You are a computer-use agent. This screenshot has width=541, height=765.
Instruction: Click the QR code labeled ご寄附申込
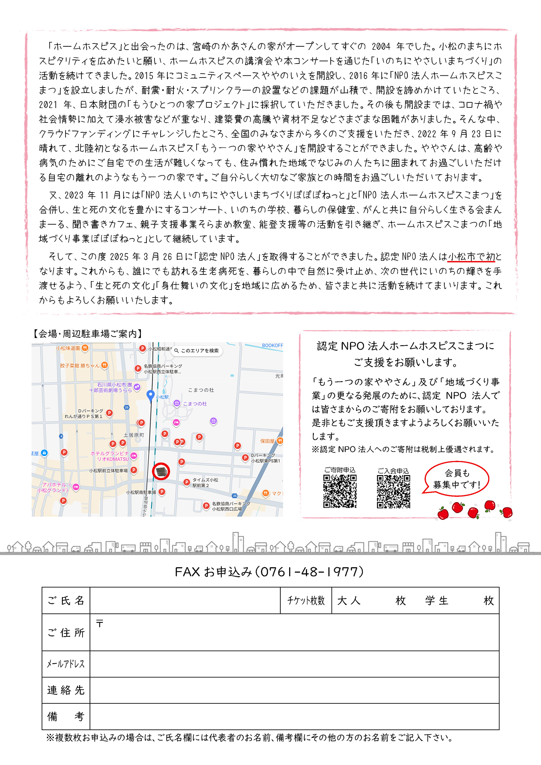click(x=339, y=491)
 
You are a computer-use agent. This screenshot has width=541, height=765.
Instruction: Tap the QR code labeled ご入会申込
click(x=393, y=491)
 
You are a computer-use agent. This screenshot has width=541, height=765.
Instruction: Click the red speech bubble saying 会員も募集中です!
click(x=457, y=479)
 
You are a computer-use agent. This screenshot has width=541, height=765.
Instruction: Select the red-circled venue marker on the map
click(x=161, y=471)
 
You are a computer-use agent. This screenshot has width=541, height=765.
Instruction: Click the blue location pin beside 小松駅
click(x=150, y=395)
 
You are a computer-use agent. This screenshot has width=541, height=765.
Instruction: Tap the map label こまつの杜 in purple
click(x=195, y=403)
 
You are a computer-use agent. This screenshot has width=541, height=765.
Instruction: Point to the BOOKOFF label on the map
click(x=272, y=345)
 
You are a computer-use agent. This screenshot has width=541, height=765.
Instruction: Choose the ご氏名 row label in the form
click(x=66, y=600)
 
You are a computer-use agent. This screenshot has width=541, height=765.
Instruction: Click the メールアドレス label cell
click(x=66, y=664)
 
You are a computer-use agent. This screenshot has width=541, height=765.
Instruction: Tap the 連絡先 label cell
click(x=66, y=690)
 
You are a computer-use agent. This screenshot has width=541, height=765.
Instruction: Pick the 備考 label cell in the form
click(x=66, y=716)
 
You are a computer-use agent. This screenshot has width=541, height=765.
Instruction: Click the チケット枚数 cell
click(x=306, y=600)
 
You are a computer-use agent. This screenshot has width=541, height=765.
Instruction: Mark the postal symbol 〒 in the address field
click(x=99, y=623)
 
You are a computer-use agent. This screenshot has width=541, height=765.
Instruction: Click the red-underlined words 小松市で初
click(x=471, y=257)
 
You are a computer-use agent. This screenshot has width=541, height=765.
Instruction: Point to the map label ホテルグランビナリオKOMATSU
click(x=110, y=456)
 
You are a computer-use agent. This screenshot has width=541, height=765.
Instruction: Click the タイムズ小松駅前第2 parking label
click(x=205, y=483)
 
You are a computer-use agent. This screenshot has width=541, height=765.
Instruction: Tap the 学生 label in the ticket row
click(x=437, y=600)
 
